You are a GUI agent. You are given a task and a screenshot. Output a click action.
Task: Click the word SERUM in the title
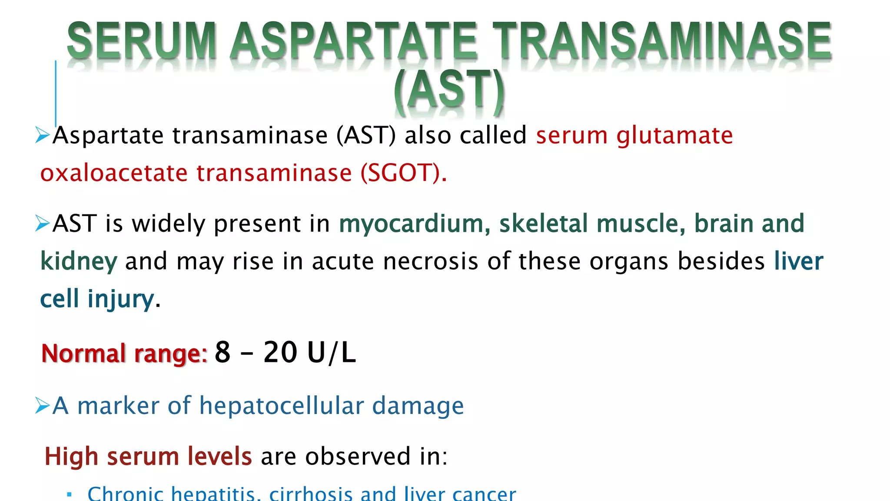coord(142,41)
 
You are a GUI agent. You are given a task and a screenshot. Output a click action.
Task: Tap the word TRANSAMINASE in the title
coord(662,41)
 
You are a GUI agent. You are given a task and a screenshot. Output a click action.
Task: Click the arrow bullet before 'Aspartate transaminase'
coord(43,135)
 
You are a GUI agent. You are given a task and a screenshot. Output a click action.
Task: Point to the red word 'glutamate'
coord(674,136)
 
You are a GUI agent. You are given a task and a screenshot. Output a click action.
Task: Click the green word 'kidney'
coord(79,262)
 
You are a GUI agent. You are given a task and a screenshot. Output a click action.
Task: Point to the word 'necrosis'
coord(431,262)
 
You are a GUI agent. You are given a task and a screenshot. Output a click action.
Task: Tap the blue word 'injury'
coord(120,299)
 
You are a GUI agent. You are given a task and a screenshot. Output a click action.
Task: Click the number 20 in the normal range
coord(280,352)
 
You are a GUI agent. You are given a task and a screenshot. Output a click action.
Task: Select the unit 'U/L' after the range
coord(331,352)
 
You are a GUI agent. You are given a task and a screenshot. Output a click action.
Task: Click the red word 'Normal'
coord(83,353)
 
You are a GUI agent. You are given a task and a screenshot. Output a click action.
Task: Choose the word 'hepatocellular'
coord(282,406)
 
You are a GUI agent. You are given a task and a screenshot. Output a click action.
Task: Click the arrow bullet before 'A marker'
coord(43,406)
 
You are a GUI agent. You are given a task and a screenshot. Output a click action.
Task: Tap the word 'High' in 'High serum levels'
coord(71,457)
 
